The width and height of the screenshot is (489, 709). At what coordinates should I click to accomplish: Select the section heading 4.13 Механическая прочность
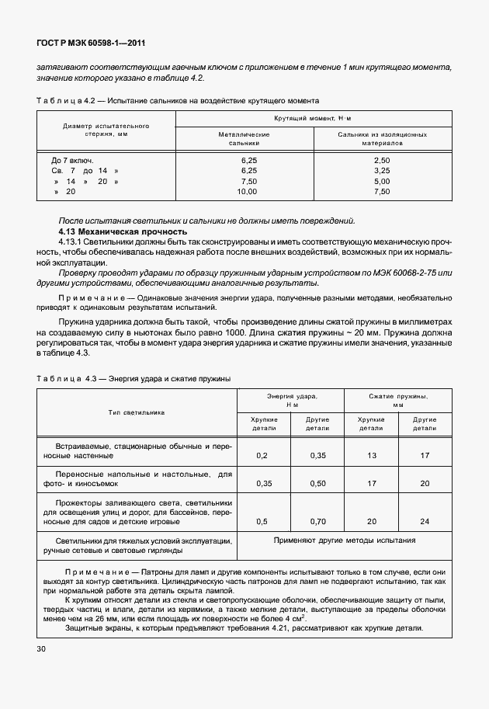tap(123, 231)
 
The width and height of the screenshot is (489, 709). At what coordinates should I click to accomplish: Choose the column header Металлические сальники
tap(244, 138)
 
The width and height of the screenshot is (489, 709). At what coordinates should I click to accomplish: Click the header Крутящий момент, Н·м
tap(313, 118)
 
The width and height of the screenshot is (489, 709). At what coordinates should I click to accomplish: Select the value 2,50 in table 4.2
tap(381, 160)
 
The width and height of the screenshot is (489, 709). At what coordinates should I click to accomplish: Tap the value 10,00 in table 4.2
tap(247, 190)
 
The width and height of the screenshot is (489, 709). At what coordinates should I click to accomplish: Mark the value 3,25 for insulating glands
tap(381, 170)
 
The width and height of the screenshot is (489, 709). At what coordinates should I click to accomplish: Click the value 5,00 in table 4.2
tap(381, 180)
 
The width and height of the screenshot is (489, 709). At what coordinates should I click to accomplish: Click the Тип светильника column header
tap(137, 412)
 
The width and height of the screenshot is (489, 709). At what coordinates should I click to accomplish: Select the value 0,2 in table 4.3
tap(262, 455)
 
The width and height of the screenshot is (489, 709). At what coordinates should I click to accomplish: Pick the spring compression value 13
tap(371, 455)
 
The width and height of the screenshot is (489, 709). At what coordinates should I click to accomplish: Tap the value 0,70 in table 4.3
tap(317, 521)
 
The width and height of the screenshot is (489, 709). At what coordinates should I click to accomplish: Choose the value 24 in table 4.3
tap(425, 521)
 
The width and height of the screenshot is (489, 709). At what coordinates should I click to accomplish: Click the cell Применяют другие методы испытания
tap(345, 540)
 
